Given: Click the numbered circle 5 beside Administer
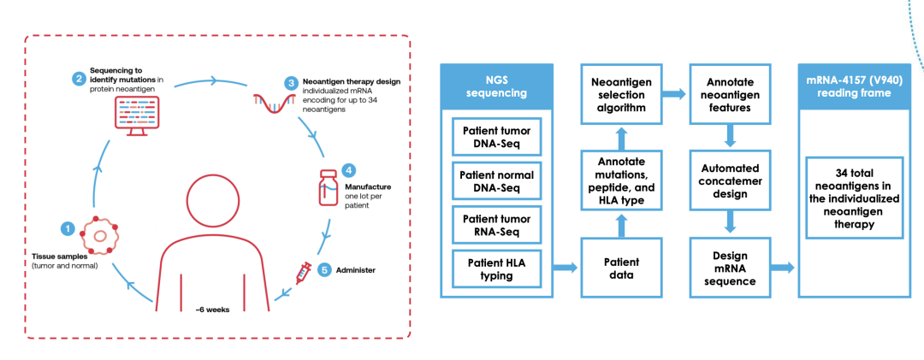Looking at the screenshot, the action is coord(323,270).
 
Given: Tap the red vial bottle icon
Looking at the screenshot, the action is coord(329,186).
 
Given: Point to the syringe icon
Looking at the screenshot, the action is coord(303,273).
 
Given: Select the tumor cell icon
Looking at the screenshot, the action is coord(99,236).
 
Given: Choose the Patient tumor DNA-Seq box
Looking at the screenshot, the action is coord(497,137).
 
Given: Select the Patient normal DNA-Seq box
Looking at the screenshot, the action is coord(497,181).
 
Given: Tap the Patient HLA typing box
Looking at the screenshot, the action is coord(497,269).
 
